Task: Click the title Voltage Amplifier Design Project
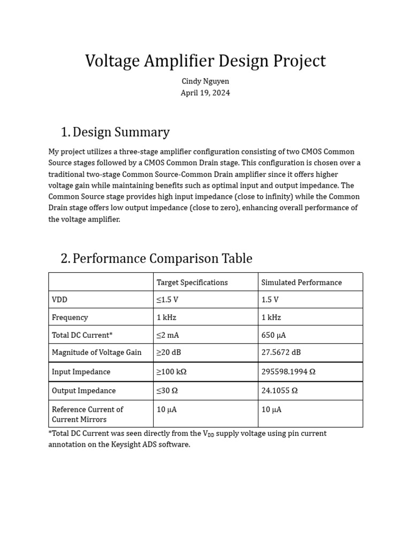pyautogui.click(x=205, y=61)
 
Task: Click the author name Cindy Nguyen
pyautogui.click(x=205, y=81)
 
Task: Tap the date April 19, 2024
pyautogui.click(x=205, y=93)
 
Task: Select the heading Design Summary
pyautogui.click(x=121, y=132)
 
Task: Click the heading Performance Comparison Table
pyautogui.click(x=162, y=258)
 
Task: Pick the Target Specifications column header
pyautogui.click(x=192, y=283)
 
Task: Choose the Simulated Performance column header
pyautogui.click(x=301, y=283)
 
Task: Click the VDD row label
pyautogui.click(x=60, y=300)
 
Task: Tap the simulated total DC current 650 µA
pyautogui.click(x=273, y=335)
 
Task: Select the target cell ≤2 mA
pyautogui.click(x=168, y=335)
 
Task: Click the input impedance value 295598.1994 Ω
pyautogui.click(x=288, y=372)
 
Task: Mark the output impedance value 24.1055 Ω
pyautogui.click(x=279, y=391)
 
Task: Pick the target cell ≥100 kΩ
pyautogui.click(x=171, y=372)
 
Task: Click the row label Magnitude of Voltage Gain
pyautogui.click(x=97, y=353)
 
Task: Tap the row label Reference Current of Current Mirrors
pyautogui.click(x=87, y=414)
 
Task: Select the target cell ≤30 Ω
pyautogui.click(x=167, y=391)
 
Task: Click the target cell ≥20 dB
pyautogui.click(x=169, y=353)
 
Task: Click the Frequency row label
pyautogui.click(x=70, y=317)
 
